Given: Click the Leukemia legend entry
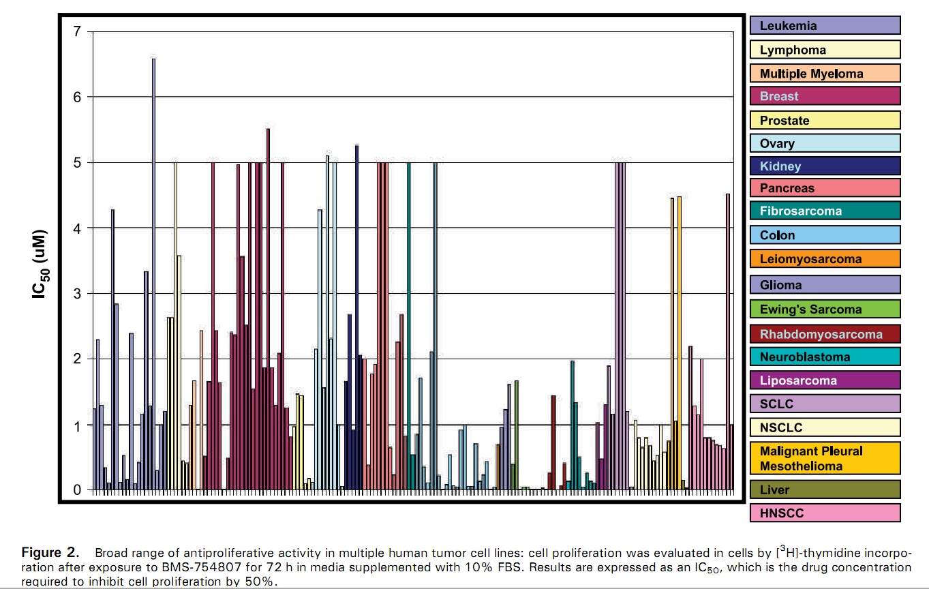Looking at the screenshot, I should pos(825,26).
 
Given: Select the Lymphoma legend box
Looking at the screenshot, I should pos(825,50).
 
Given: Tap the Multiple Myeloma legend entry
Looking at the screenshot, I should pos(825,73).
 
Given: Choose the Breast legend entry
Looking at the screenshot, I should pos(825,96).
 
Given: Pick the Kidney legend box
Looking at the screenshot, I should pos(825,166).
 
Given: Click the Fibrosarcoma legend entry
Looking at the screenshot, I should pos(825,211).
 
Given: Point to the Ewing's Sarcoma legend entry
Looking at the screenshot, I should pos(825,309).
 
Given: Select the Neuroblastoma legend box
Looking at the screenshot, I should pos(825,357).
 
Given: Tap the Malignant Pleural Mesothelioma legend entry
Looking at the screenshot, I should pos(825,459).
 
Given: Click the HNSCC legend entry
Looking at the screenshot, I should pos(825,513).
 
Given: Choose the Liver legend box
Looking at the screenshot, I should pos(825,489).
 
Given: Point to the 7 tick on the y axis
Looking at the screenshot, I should pos(77,31).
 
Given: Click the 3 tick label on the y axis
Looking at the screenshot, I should pos(77,294).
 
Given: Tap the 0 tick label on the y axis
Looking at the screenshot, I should pos(77,489).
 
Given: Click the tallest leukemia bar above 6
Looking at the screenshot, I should pos(153,273).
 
